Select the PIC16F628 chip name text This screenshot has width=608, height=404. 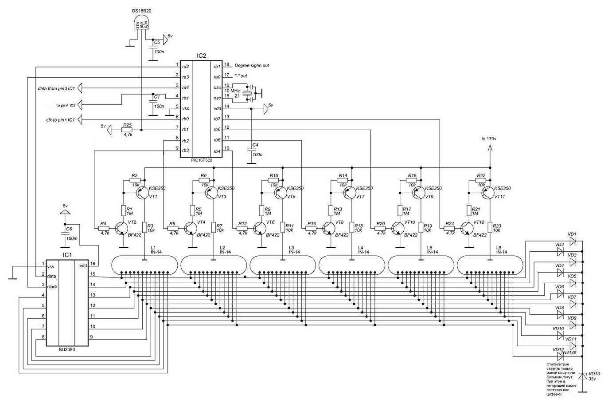(201, 161)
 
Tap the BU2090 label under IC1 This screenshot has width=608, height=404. (67, 350)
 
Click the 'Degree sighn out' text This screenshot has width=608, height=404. (252, 66)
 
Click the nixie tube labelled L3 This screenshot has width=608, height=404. (281, 265)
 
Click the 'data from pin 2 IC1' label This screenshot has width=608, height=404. (56, 89)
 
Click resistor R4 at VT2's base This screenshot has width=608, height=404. (104, 228)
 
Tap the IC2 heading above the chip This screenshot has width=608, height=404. (201, 56)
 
